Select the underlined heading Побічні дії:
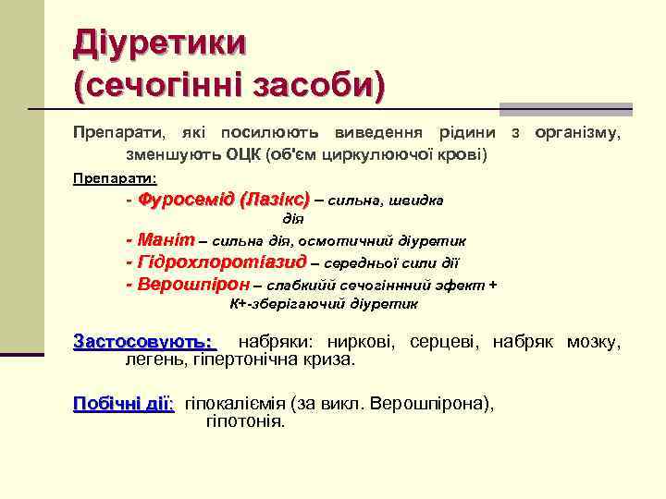click(x=123, y=404)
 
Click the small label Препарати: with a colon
click(x=116, y=177)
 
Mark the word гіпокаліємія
click(x=237, y=404)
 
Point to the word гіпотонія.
click(x=245, y=421)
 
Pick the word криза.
click(x=331, y=359)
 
